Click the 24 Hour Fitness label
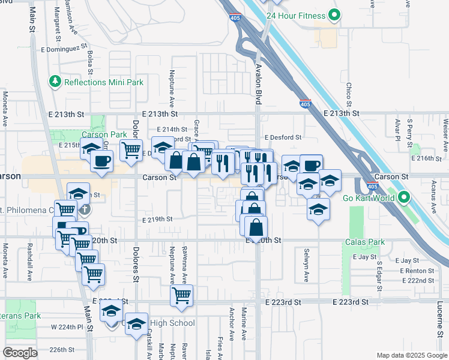point(296,16)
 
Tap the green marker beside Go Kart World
point(404,197)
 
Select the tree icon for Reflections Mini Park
point(55,81)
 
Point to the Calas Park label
point(364,242)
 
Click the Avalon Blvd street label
point(259,85)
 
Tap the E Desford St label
point(282,137)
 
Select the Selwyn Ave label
point(306,267)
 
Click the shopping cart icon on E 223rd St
point(181,295)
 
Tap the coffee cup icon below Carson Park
point(103,161)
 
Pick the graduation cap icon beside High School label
point(136,323)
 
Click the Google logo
point(20,353)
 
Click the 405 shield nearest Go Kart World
point(372,187)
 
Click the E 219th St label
point(158,220)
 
